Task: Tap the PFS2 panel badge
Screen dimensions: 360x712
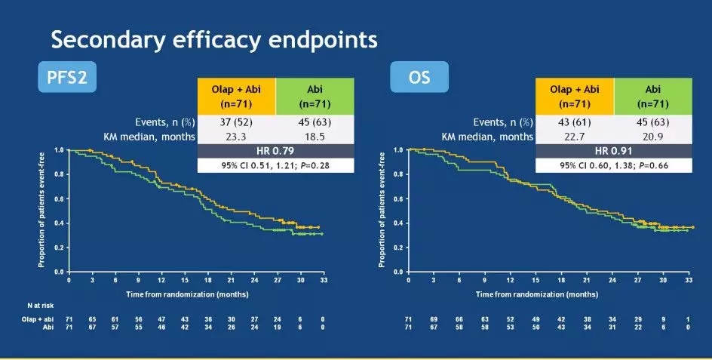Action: tap(67, 77)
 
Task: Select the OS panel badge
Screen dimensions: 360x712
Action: tap(419, 77)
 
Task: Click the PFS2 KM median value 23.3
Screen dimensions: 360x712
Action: tap(235, 137)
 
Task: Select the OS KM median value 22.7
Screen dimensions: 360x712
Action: tap(574, 137)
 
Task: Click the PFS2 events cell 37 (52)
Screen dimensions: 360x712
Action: tap(235, 122)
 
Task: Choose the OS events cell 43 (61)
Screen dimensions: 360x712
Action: tap(574, 122)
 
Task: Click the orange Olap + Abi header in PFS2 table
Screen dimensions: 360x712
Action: tap(235, 96)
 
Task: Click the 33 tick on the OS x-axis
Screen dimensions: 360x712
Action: tap(688, 279)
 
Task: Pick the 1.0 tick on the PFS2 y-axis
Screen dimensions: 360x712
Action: tap(57, 150)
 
